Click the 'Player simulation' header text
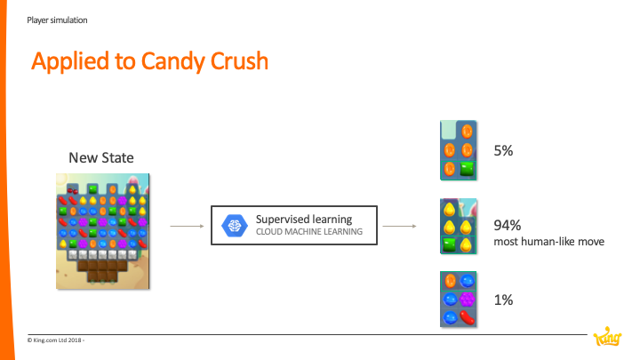tap(57, 20)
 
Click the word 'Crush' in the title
tap(240, 61)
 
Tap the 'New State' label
tap(101, 157)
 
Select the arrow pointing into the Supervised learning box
tap(187, 226)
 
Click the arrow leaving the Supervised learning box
tap(400, 226)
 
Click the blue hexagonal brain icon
tap(235, 225)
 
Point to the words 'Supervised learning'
tap(304, 220)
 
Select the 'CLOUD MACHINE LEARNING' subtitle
tap(309, 232)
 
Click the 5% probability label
tap(503, 150)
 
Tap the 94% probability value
tap(508, 225)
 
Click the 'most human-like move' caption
tap(549, 242)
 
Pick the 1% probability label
tap(503, 300)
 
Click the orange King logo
tap(607, 336)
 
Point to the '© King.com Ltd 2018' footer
tap(56, 340)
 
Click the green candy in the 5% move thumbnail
tap(467, 169)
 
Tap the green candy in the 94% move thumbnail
tap(449, 245)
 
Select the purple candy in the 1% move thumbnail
tap(467, 300)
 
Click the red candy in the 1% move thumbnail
tap(468, 317)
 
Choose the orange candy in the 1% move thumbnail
tap(450, 281)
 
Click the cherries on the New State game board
tap(72, 190)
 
